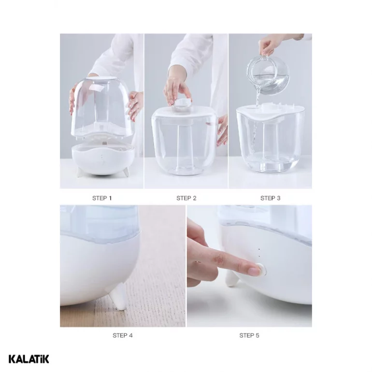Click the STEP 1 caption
point(102,198)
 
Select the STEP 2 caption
point(186,198)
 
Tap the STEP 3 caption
point(270,198)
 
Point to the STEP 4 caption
point(122,335)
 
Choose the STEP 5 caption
point(249,335)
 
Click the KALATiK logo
point(29,359)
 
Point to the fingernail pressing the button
point(253,271)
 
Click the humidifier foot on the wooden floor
point(119,298)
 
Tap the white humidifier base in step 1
point(103,159)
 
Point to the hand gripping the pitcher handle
point(269,46)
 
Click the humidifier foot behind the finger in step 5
point(231,279)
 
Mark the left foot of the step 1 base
point(79,172)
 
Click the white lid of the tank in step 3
point(270,112)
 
